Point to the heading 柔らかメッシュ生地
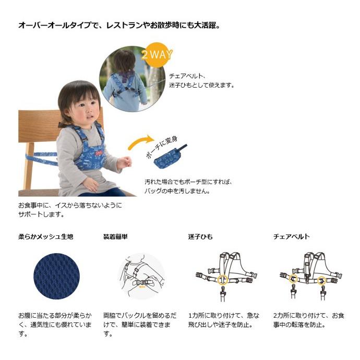pos(46,236)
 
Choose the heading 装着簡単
pos(115,236)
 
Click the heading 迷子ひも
pos(200,236)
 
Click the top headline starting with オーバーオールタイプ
pos(119,25)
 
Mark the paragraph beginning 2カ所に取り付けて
pos(309,320)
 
